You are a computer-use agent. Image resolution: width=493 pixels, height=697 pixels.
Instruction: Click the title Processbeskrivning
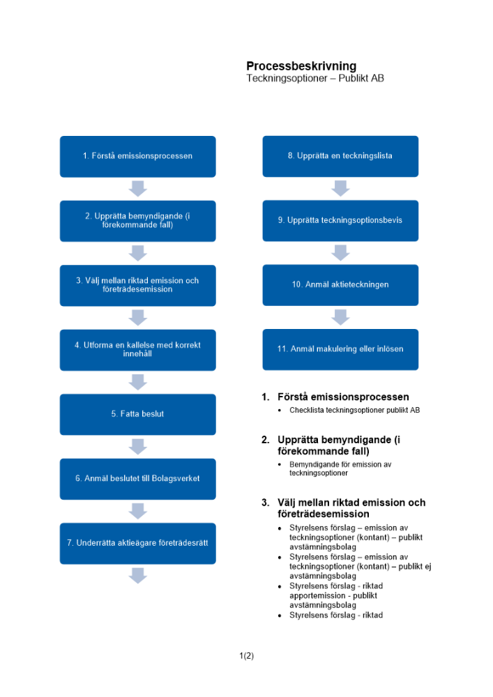pyautogui.click(x=301, y=66)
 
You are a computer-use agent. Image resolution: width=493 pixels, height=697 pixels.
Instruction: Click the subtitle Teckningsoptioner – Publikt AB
pyautogui.click(x=314, y=79)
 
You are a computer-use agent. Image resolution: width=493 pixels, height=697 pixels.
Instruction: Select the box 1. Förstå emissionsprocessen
pyautogui.click(x=137, y=156)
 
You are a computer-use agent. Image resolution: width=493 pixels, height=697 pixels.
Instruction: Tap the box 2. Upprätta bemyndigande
pyautogui.click(x=137, y=220)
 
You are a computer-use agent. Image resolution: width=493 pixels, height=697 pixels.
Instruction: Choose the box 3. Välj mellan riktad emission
pyautogui.click(x=137, y=285)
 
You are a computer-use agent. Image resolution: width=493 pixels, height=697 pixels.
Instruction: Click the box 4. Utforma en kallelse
pyautogui.click(x=137, y=349)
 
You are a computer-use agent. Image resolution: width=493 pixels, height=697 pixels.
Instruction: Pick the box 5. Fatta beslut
pyautogui.click(x=137, y=414)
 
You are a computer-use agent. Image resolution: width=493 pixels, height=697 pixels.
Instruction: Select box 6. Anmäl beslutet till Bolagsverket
pyautogui.click(x=137, y=478)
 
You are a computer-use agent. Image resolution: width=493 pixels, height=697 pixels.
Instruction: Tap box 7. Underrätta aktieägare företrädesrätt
pyautogui.click(x=137, y=543)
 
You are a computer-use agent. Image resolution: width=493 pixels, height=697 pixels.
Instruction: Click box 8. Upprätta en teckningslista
pyautogui.click(x=340, y=156)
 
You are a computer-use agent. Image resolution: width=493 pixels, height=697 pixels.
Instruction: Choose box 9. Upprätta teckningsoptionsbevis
pyautogui.click(x=340, y=220)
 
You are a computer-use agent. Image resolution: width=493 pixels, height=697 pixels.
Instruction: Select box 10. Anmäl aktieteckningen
pyautogui.click(x=340, y=284)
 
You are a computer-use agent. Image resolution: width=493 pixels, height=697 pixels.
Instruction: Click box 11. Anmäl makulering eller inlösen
pyautogui.click(x=340, y=349)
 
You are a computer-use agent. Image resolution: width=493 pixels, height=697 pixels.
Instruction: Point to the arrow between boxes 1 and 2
pyautogui.click(x=138, y=188)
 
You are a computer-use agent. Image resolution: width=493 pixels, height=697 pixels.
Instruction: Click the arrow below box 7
pyautogui.click(x=138, y=575)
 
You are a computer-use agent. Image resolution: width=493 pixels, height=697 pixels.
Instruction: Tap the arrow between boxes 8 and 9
pyautogui.click(x=340, y=188)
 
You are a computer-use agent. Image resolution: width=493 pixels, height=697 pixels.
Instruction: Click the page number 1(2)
pyautogui.click(x=246, y=656)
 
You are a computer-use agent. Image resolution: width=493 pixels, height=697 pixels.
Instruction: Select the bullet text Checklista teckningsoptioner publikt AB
pyautogui.click(x=354, y=411)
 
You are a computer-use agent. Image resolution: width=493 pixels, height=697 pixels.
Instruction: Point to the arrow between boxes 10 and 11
pyautogui.click(x=340, y=317)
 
